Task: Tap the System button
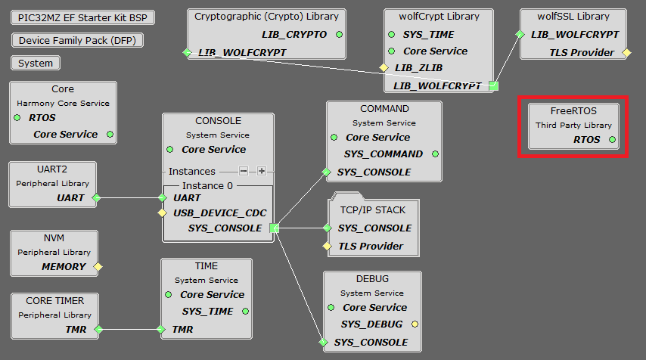[36, 64]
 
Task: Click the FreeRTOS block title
[573, 110]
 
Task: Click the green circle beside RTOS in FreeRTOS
[612, 139]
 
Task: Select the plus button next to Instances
[261, 171]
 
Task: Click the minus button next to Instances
[244, 171]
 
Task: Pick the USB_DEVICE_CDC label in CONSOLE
[219, 213]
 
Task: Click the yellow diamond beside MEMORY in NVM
[98, 266]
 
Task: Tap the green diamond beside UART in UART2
[95, 197]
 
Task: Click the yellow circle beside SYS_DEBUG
[415, 324]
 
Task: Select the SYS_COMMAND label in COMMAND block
[384, 154]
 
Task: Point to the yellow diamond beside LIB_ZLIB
[383, 68]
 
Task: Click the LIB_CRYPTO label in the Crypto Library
[294, 34]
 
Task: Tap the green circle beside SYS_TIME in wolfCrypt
[392, 34]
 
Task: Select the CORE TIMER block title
[54, 300]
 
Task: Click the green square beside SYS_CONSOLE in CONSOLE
[275, 228]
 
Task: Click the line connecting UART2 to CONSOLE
[129, 197]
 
